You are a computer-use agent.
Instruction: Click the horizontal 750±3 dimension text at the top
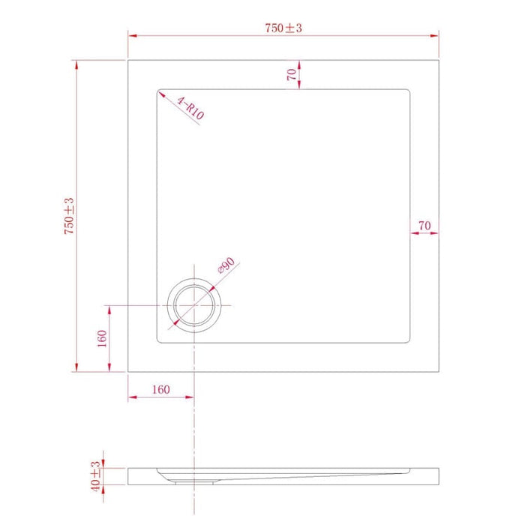coord(283,28)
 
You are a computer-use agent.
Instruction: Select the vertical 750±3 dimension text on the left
coord(68,217)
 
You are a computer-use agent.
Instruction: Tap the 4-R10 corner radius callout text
coord(190,108)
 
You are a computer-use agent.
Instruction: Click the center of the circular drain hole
coord(195,306)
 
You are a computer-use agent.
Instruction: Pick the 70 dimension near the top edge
coord(290,74)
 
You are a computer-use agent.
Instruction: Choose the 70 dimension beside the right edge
coord(424,225)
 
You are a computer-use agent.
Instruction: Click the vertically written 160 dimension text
coord(100,339)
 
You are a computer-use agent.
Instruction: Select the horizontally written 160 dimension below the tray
coord(160,389)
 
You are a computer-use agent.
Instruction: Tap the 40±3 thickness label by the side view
coord(96,475)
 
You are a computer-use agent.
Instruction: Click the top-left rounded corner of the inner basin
coord(160,93)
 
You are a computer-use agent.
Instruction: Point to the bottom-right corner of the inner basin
coord(409,340)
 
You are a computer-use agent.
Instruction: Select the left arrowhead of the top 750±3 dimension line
coord(130,35)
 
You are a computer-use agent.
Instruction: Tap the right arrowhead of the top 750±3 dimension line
coord(436,35)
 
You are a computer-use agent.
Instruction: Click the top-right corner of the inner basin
coord(409,92)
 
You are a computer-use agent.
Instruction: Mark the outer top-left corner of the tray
coord(128,59)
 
